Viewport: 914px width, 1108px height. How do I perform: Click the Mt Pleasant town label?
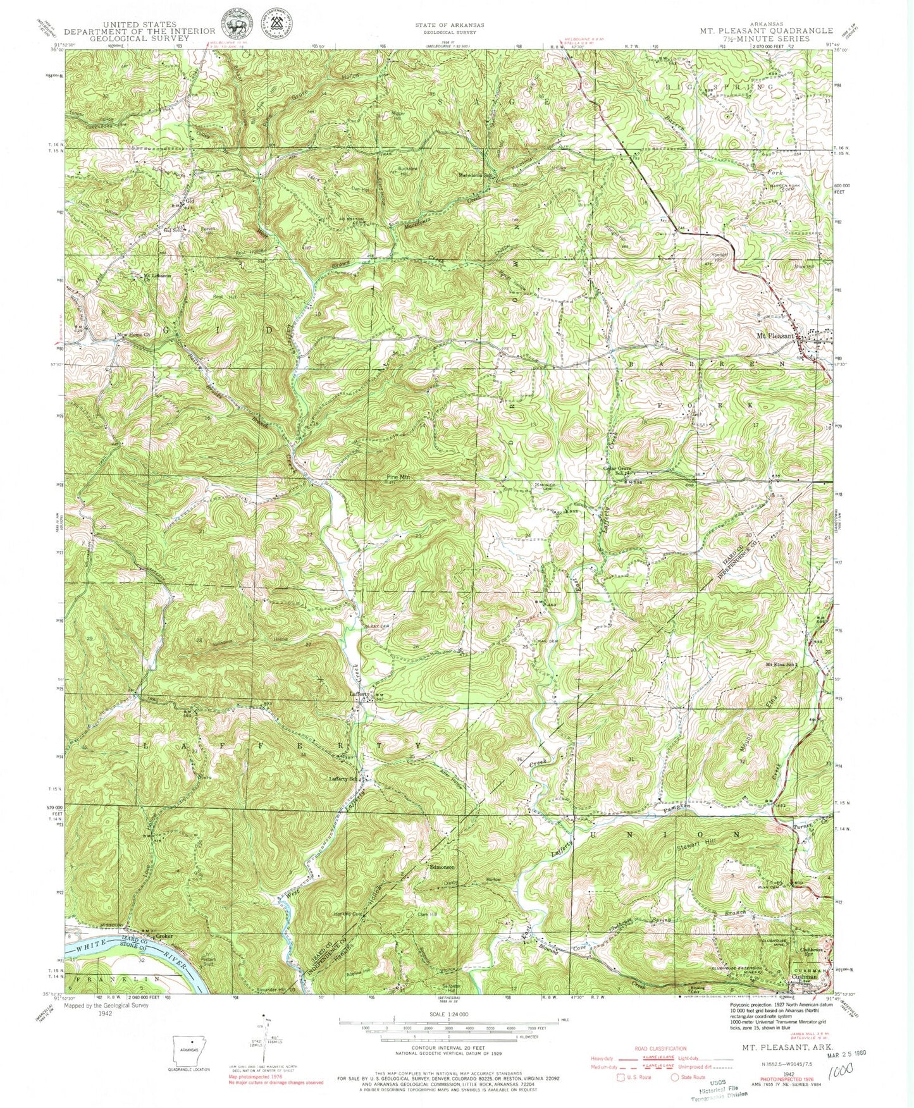775,336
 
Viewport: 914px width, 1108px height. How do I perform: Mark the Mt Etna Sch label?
779,665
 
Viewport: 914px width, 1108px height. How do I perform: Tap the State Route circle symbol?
675,1077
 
